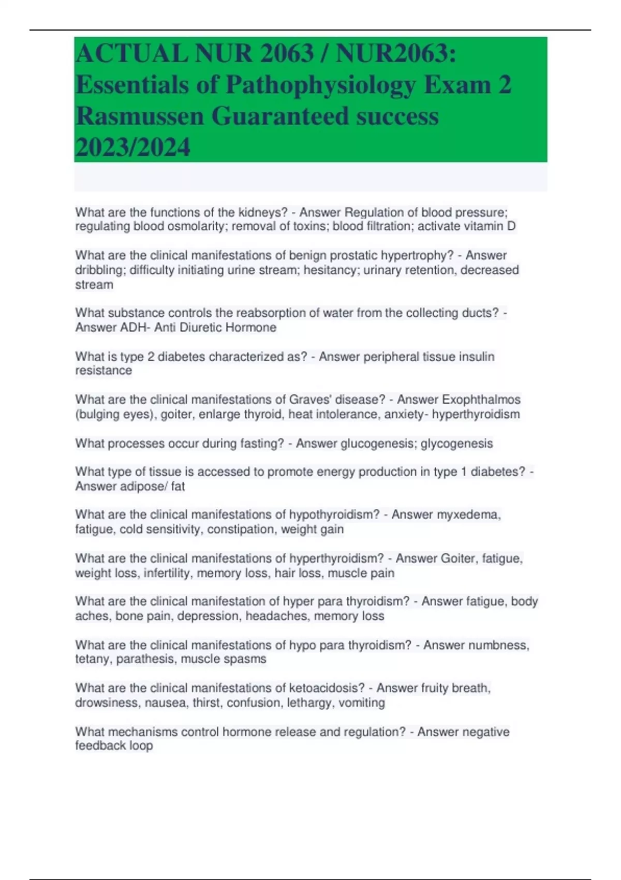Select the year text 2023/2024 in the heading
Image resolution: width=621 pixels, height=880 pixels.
132,147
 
